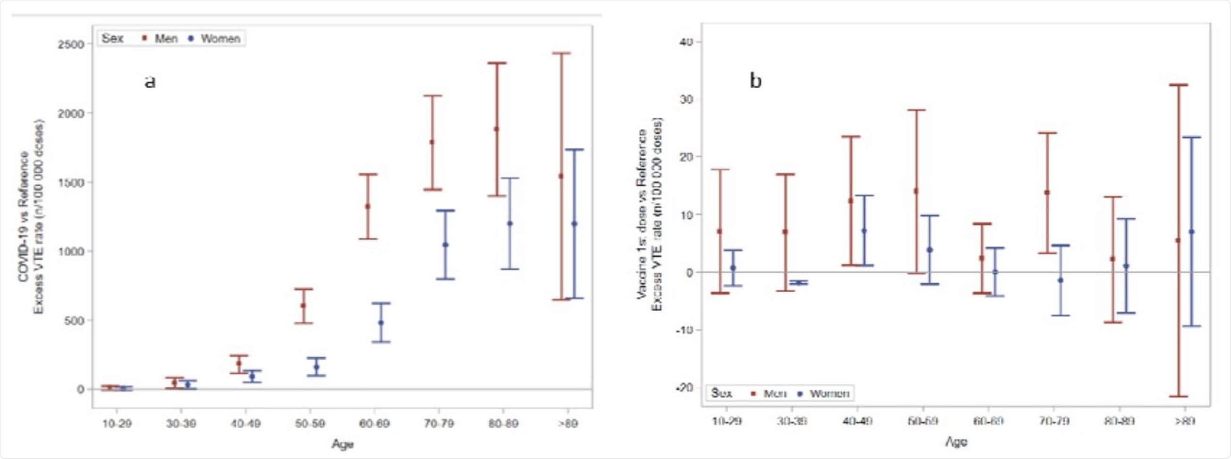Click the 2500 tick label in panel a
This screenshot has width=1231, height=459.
pyautogui.click(x=71, y=44)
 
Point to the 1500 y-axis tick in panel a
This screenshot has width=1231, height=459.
pyautogui.click(x=71, y=183)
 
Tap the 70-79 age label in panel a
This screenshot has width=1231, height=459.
pyautogui.click(x=438, y=424)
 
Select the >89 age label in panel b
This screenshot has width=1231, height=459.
pyautogui.click(x=1184, y=421)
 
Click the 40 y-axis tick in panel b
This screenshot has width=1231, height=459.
pyautogui.click(x=686, y=42)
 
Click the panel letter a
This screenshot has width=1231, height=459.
pyautogui.click(x=150, y=81)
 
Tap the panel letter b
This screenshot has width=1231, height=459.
pyautogui.click(x=755, y=81)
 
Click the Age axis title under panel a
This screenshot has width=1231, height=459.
pyautogui.click(x=343, y=444)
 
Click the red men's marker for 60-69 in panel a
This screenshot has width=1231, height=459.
pyautogui.click(x=368, y=206)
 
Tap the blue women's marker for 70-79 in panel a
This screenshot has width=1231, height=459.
pyautogui.click(x=446, y=245)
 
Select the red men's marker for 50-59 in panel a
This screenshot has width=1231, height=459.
pyautogui.click(x=303, y=306)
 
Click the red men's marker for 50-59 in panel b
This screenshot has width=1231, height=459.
pyautogui.click(x=916, y=191)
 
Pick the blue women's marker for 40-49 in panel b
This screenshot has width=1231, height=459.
pyautogui.click(x=864, y=231)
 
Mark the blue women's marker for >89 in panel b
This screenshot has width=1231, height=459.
pyautogui.click(x=1191, y=232)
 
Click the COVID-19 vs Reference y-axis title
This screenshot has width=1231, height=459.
pyautogui.click(x=24, y=217)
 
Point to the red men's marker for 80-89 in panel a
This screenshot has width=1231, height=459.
pyautogui.click(x=497, y=129)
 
